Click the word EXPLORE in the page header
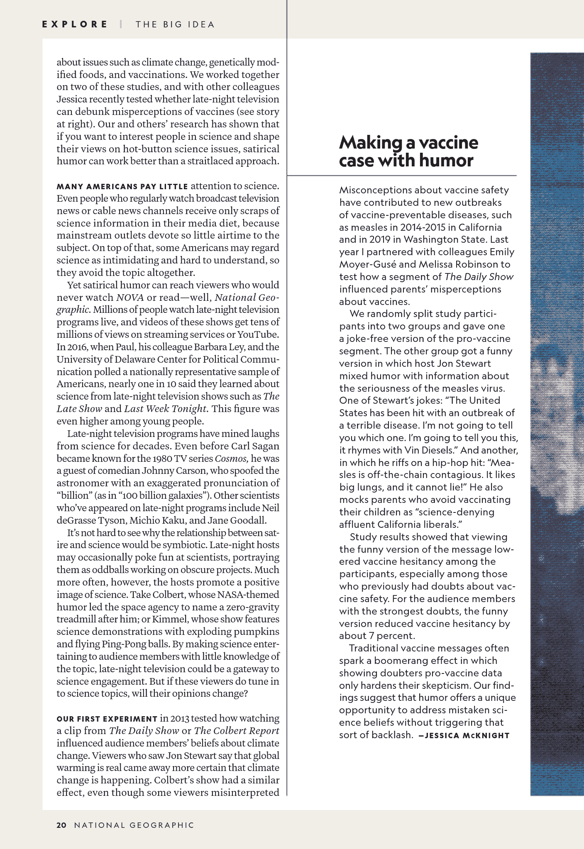click(x=75, y=24)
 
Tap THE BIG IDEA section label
click(x=175, y=24)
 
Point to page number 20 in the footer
click(x=61, y=825)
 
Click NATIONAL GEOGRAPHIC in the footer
click(x=134, y=825)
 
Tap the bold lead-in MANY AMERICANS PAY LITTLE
click(x=122, y=186)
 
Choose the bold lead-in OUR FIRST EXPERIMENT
click(x=107, y=719)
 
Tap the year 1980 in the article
click(x=164, y=459)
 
